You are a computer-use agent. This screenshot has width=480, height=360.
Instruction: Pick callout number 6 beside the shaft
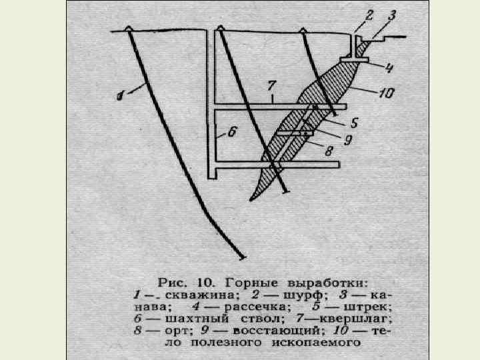pos(233,132)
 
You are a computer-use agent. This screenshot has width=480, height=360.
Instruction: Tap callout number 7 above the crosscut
pos(269,84)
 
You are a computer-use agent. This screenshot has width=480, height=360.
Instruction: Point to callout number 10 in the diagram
pos(387,93)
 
